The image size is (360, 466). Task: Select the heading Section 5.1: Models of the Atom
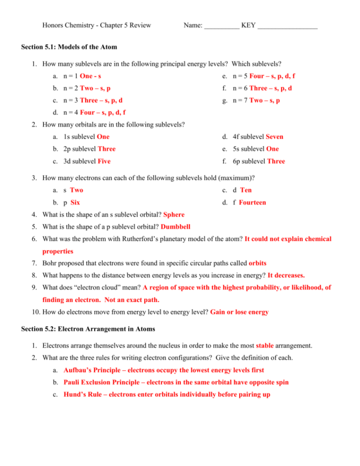pos(69,47)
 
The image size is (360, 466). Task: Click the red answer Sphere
pos(174,214)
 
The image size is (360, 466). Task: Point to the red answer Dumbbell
pos(179,226)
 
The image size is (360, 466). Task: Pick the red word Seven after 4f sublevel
pos(274,136)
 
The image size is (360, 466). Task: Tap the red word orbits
pos(258,263)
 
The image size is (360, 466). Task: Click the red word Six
pos(75,202)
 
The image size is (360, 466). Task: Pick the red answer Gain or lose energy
pos(239,312)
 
